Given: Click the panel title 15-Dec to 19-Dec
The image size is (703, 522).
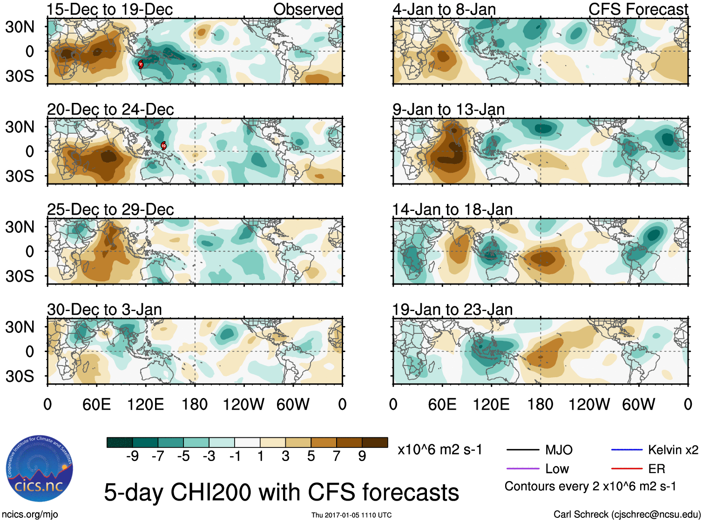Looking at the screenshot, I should (110, 9).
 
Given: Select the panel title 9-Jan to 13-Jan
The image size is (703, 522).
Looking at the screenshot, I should (448, 109).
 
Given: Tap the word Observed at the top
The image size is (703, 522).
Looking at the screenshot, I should (308, 9).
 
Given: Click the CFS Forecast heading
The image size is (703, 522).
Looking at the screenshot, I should (638, 9).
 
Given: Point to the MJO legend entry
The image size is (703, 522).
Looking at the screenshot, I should (559, 450).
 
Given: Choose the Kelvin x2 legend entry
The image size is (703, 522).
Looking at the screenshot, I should (673, 450).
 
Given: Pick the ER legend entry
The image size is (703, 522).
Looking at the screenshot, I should (656, 469).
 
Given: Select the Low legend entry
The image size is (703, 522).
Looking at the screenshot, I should (557, 469).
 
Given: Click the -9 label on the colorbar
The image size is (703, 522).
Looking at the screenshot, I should (132, 456).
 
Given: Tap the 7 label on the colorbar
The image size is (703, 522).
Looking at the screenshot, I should (337, 456).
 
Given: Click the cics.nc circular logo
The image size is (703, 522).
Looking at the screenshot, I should (40, 469).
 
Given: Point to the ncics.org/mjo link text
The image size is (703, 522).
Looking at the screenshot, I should (30, 515).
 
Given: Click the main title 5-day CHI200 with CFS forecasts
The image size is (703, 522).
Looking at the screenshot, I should (281, 492).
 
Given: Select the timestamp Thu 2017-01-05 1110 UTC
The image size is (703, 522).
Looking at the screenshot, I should (351, 515).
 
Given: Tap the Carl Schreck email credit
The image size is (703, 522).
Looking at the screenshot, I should (627, 515).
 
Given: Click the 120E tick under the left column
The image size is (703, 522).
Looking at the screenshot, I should (145, 404).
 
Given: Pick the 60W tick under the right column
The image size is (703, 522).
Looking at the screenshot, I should (638, 404).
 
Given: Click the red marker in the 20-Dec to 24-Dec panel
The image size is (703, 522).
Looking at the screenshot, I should (163, 145).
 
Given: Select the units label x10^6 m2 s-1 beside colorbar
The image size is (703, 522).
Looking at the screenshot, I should (439, 450).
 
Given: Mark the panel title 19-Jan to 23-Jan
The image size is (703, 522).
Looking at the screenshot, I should (452, 310).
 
